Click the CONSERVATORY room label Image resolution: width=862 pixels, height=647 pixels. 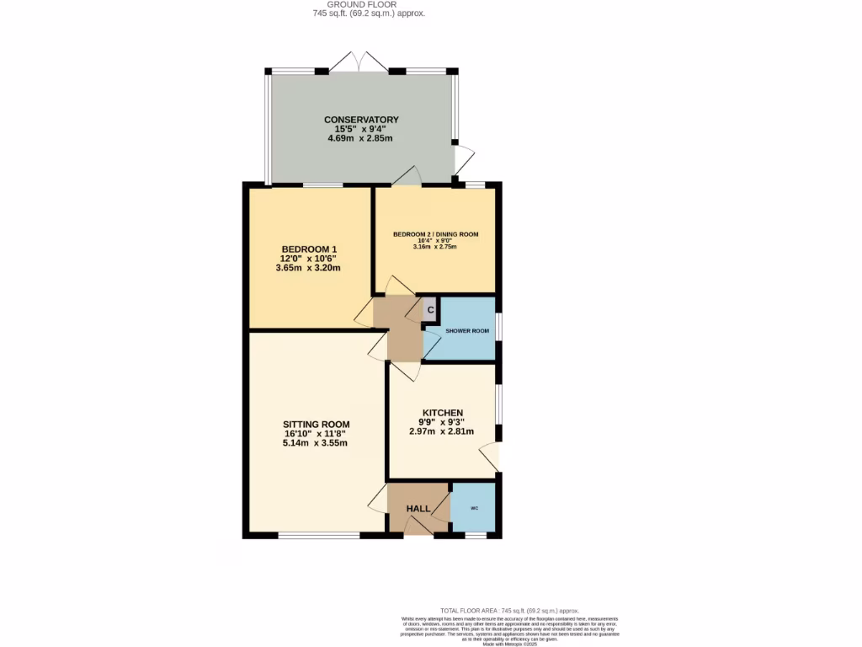point(361,120)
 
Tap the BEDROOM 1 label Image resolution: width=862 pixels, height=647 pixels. point(309,249)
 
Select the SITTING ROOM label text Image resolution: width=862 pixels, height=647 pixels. point(316,424)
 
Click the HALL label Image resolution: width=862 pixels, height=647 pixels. point(418,509)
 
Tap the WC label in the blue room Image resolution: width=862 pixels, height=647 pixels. point(474,509)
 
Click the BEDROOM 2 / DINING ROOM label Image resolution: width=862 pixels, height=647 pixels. point(436,233)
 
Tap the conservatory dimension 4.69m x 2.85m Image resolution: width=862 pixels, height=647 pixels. point(361,138)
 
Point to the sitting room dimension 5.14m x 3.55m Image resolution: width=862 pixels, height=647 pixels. point(316,443)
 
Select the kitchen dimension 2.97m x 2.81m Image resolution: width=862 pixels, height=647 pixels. point(443,431)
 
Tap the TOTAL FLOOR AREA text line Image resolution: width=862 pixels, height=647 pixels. point(510,610)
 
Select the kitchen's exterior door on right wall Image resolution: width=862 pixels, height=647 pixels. point(490,457)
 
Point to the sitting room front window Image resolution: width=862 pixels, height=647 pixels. point(319,535)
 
